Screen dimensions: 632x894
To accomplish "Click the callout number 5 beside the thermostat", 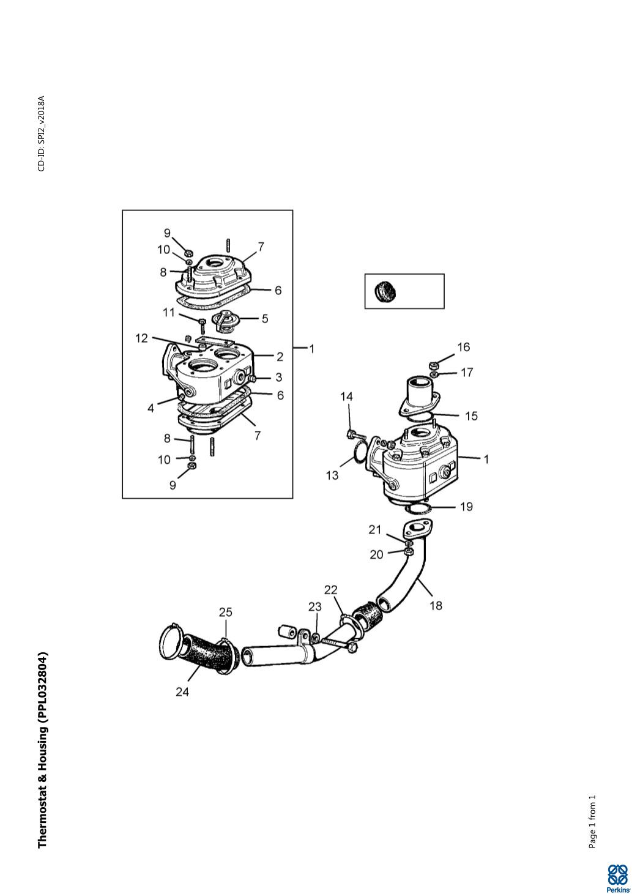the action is point(265,319).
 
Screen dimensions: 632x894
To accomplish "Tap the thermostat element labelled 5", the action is point(225,322).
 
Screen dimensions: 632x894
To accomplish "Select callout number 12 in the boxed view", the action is point(142,338).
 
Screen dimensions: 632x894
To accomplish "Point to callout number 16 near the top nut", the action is point(464,347).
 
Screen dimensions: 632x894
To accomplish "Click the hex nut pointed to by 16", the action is point(434,365).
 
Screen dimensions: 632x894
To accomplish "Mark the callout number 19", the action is point(466,507).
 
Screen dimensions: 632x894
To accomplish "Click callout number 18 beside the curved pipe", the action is point(436,605).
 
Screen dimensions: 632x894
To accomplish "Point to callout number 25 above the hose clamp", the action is point(225,613).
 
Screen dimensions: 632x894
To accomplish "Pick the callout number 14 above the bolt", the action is point(346,397).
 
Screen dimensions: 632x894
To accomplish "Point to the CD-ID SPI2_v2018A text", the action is point(42,133).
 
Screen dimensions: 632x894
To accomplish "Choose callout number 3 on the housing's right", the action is point(279,377).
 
